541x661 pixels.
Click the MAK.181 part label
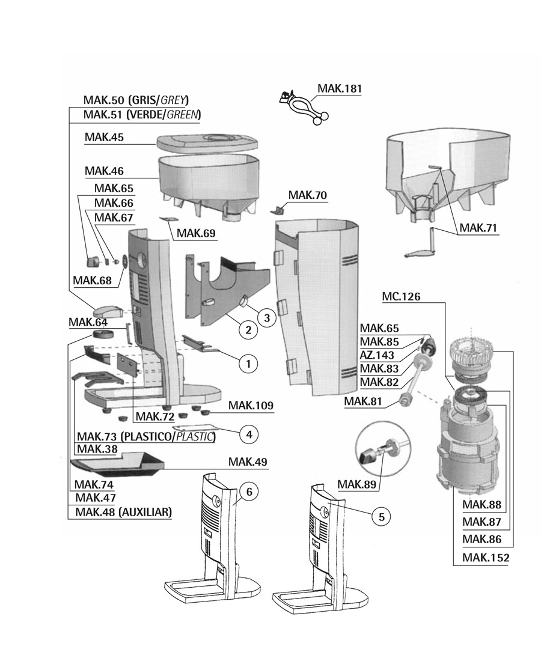pyautogui.click(x=340, y=89)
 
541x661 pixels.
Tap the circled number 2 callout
pyautogui.click(x=247, y=329)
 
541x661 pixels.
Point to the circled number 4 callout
pyautogui.click(x=248, y=432)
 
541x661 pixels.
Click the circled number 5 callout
pyautogui.click(x=380, y=516)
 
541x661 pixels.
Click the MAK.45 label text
pyautogui.click(x=104, y=138)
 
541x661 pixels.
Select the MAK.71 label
pyautogui.click(x=478, y=228)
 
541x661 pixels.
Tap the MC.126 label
pyautogui.click(x=401, y=297)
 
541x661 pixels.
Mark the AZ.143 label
pyautogui.click(x=376, y=356)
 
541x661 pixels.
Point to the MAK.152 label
pyautogui.click(x=486, y=558)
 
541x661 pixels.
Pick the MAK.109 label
pyautogui.click(x=251, y=406)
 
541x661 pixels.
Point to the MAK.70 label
pyautogui.click(x=308, y=195)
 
